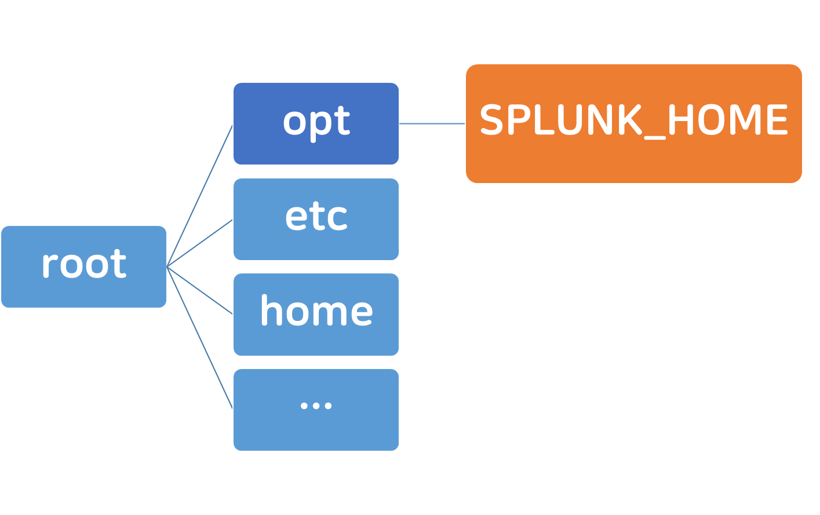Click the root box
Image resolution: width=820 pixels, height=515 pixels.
click(x=84, y=267)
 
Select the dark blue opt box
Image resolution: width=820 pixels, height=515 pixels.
click(x=316, y=124)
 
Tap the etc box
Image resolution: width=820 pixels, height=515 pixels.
click(x=316, y=219)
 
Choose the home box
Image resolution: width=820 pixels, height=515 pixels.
click(x=316, y=315)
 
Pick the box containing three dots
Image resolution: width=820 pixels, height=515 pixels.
click(x=316, y=410)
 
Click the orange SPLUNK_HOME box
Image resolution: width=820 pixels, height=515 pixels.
click(x=634, y=124)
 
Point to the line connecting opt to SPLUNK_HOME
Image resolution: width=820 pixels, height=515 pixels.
click(x=432, y=124)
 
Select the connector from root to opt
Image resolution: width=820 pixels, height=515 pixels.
click(x=200, y=196)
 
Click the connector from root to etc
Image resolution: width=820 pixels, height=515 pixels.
click(x=200, y=243)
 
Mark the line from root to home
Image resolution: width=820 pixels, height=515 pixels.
click(x=200, y=291)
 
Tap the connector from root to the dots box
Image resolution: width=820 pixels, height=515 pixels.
click(x=200, y=338)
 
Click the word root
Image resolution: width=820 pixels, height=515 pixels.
click(x=85, y=264)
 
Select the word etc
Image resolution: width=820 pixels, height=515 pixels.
click(x=316, y=217)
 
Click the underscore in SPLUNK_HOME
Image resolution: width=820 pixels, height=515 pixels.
click(x=654, y=138)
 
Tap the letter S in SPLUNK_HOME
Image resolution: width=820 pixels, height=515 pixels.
click(x=491, y=119)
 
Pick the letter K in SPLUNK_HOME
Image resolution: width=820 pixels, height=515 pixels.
click(x=631, y=119)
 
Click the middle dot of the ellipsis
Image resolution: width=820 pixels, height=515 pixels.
click(x=316, y=406)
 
